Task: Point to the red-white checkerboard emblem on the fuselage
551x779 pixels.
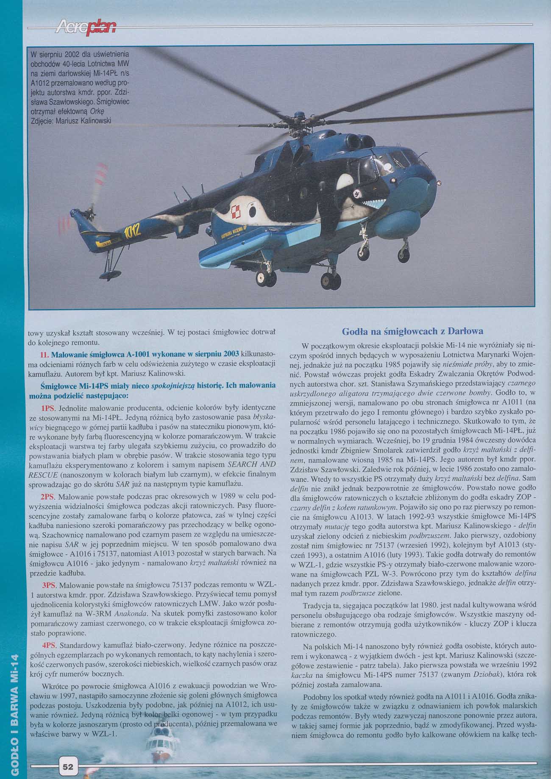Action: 236,209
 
